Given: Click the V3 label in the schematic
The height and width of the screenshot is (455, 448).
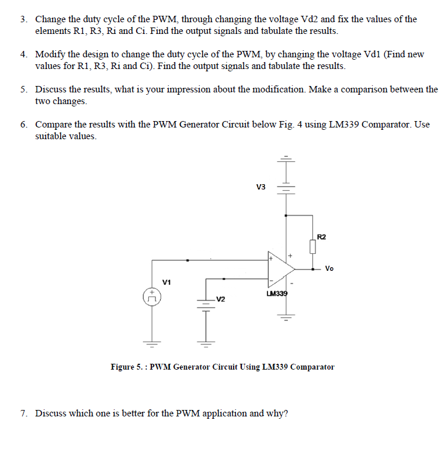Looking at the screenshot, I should pos(261,187).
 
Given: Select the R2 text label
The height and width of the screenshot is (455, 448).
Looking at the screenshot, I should pos(321,236).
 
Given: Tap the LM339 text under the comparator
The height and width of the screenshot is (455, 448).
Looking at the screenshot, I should pos(277,294).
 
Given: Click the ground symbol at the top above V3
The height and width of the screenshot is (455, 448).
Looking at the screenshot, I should pos(286,159).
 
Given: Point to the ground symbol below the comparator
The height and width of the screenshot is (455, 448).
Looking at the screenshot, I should pos(286,319).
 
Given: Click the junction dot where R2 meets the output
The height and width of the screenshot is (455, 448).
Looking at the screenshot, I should pos(313,270).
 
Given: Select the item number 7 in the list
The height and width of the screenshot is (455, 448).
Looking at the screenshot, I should pos(23,413).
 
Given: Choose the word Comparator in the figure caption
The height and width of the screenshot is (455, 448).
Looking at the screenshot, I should pos(312,367).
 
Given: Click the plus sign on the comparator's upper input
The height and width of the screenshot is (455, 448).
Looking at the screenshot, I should pos(272,257).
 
